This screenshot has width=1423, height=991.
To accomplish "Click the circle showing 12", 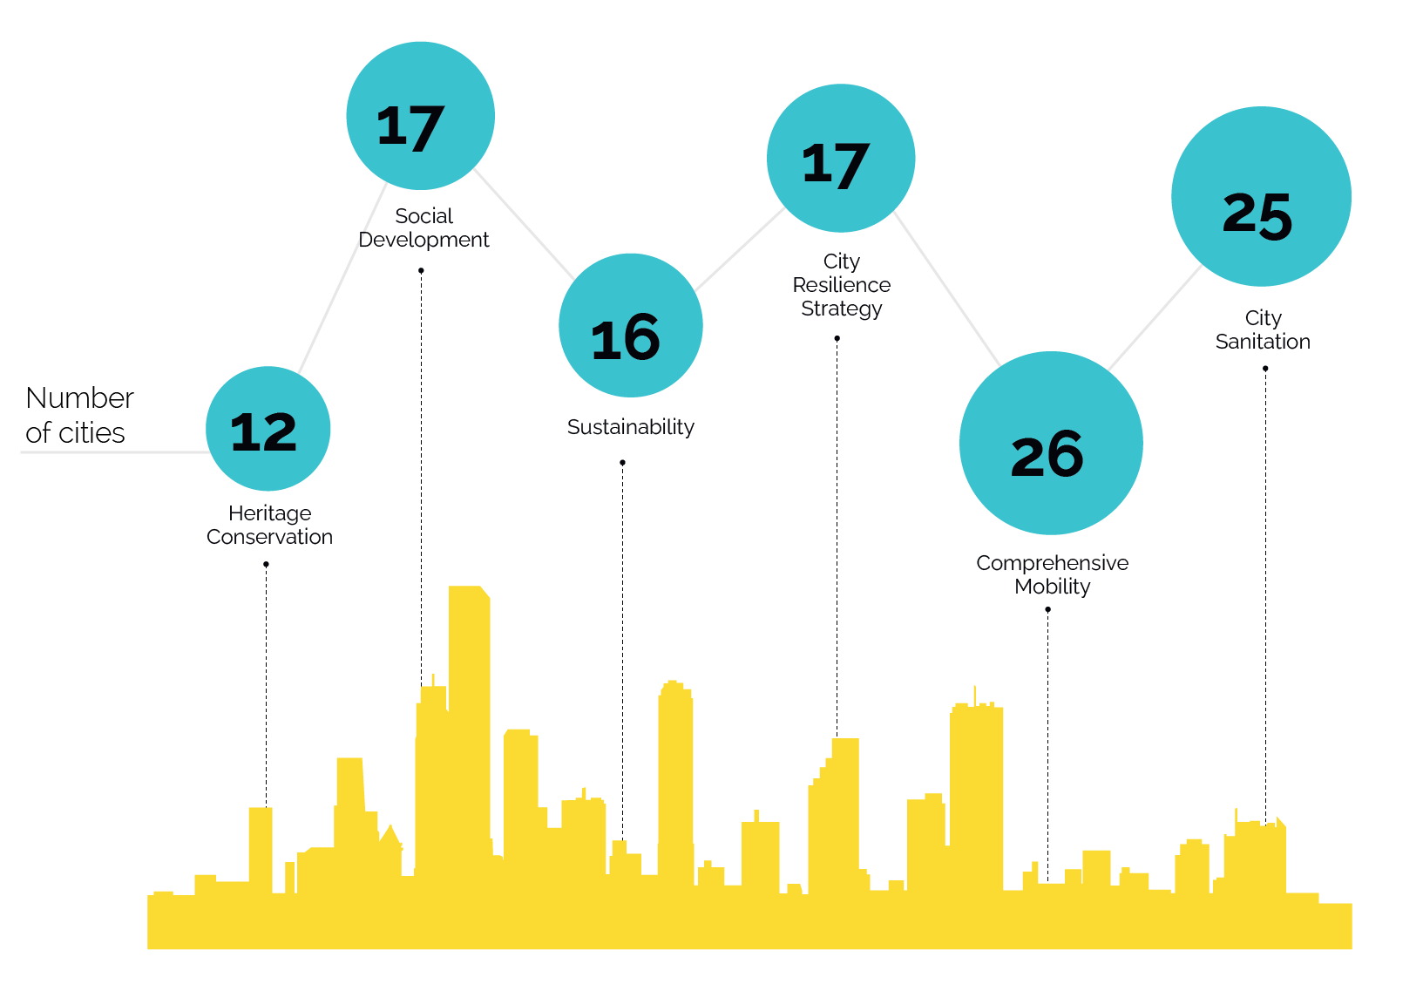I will pos(268,429).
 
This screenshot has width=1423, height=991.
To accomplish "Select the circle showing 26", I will pos(1051,443).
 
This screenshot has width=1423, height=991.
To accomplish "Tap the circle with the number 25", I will pos(1261,197).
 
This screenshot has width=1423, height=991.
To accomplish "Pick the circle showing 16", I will pos(630,325).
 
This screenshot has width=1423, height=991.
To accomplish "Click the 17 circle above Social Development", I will pos(420,116).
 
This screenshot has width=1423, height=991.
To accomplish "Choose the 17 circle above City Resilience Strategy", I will pos(841,159).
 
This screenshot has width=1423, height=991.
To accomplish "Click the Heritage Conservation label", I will pos(269,525).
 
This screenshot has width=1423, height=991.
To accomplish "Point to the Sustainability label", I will pos(630,427).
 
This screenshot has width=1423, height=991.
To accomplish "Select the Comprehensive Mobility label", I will pos(1052,574).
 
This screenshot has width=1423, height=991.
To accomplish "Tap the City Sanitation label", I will pos(1263,329).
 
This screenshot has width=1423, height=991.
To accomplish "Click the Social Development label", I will pos(424,227).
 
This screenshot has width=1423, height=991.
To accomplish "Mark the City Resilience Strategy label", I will pos(841,285).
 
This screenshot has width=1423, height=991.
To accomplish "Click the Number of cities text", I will pos(79,415).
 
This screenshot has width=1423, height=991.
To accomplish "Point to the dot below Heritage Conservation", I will pos(266,565).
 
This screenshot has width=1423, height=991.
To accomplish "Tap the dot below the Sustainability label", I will pos(622,463).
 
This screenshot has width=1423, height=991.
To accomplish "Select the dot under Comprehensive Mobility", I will pos(1047,610).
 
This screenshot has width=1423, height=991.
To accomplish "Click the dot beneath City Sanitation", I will pos(1265,369).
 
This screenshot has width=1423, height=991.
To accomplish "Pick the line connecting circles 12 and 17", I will pos(342,279).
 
